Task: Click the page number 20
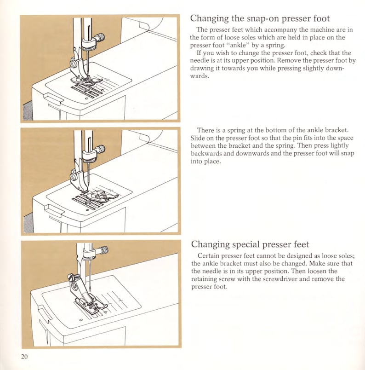(24, 357)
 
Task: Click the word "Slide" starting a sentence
(198, 139)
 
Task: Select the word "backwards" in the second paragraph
(205, 154)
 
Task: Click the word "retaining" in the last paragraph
(206, 279)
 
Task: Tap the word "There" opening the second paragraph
(205, 131)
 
